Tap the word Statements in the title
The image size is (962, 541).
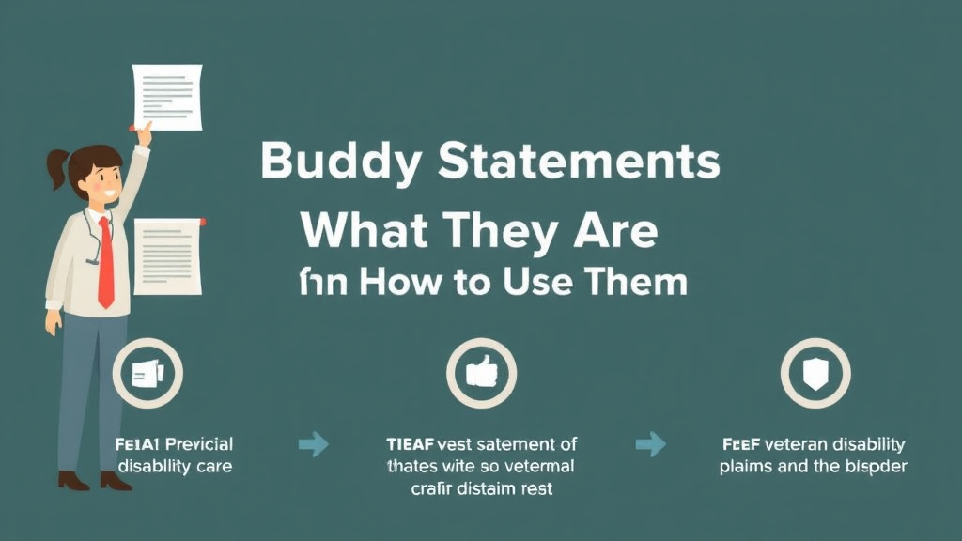point(579,162)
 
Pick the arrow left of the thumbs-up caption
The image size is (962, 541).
point(314,444)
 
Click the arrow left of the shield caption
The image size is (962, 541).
point(650,444)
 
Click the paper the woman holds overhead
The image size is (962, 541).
point(167,95)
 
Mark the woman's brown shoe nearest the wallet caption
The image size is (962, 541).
point(116,480)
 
